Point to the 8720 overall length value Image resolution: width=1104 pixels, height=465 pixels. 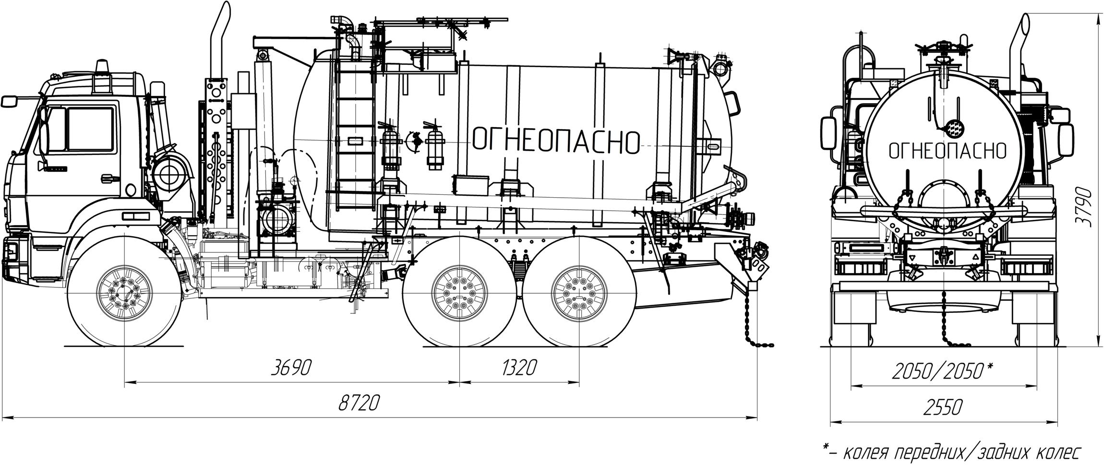pyautogui.click(x=358, y=403)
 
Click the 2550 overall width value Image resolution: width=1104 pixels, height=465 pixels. pyautogui.click(x=942, y=407)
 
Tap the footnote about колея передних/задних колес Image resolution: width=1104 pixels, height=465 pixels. pyautogui.click(x=952, y=452)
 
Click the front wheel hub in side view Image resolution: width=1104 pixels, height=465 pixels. pyautogui.click(x=125, y=293)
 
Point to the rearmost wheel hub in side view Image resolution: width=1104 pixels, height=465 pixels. pyautogui.click(x=579, y=293)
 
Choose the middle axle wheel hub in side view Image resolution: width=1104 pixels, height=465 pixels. pyautogui.click(x=459, y=293)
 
